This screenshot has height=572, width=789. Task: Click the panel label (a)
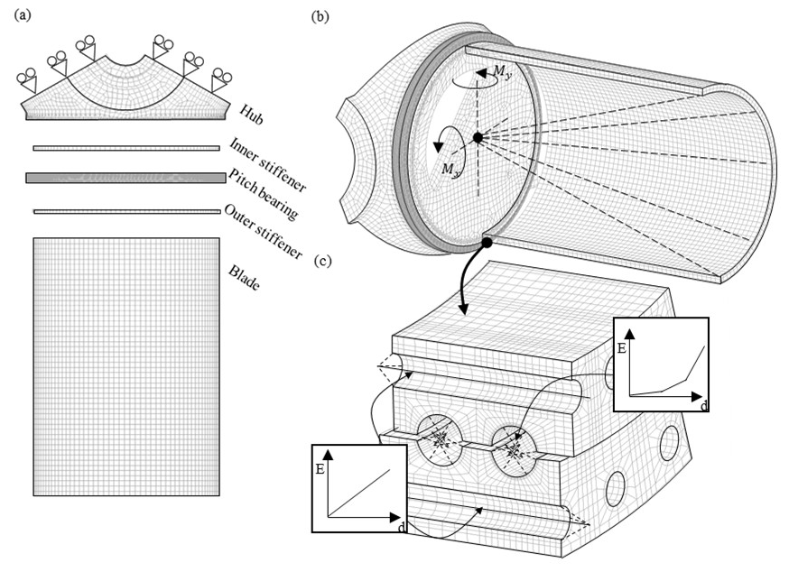pyautogui.click(x=23, y=15)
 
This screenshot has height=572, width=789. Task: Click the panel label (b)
pyautogui.click(x=320, y=16)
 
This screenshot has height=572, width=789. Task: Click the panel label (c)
pyautogui.click(x=322, y=261)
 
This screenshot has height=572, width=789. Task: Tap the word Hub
pyautogui.click(x=251, y=115)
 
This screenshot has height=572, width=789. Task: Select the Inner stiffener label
pyautogui.click(x=267, y=165)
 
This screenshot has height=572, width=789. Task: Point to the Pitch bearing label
pyautogui.click(x=264, y=194)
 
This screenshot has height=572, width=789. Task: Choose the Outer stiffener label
pyautogui.click(x=264, y=231)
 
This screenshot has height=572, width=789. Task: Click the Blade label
pyautogui.click(x=244, y=278)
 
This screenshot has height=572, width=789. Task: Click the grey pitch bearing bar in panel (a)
pyautogui.click(x=125, y=178)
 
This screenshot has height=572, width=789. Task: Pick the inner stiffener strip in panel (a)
pyautogui.click(x=126, y=148)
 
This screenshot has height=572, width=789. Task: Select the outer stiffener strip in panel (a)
pyautogui.click(x=126, y=211)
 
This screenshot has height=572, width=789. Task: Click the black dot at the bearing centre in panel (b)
pyautogui.click(x=478, y=137)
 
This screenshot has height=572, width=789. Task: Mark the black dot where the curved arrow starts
pyautogui.click(x=487, y=243)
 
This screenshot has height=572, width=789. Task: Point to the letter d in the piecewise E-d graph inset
pyautogui.click(x=704, y=405)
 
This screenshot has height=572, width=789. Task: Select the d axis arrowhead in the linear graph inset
pyautogui.click(x=394, y=517)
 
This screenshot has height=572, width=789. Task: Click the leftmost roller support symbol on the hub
pyautogui.click(x=26, y=81)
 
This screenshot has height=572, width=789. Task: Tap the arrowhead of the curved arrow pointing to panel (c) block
pyautogui.click(x=463, y=309)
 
